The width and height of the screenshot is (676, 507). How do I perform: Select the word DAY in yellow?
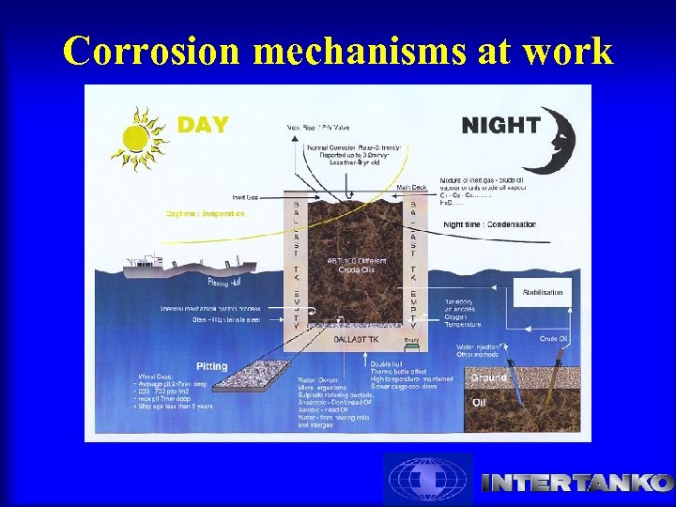click(x=203, y=125)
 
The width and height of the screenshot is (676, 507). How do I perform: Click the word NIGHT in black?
click(x=500, y=125)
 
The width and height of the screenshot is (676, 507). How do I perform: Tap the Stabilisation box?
click(x=542, y=292)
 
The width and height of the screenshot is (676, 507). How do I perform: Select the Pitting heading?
click(x=211, y=365)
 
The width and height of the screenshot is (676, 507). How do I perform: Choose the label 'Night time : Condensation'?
click(x=489, y=224)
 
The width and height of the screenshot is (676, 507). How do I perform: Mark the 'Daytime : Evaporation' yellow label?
click(x=206, y=214)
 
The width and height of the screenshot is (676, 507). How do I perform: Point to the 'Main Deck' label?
click(x=411, y=187)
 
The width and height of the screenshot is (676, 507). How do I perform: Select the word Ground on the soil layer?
click(x=489, y=377)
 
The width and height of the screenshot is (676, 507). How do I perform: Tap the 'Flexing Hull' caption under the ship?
click(x=226, y=280)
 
